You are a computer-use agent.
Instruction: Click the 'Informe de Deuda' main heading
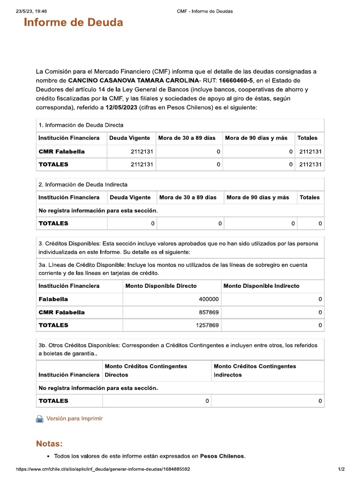click(x=73, y=22)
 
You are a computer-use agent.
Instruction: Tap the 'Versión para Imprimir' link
click(x=74, y=419)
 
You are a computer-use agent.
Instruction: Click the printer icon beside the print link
click(x=40, y=419)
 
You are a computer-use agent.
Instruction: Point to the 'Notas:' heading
click(x=49, y=443)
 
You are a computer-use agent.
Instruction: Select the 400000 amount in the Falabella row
click(x=208, y=299)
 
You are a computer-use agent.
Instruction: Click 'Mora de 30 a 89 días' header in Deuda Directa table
click(x=187, y=138)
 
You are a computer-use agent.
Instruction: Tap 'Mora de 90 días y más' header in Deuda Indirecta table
click(x=257, y=197)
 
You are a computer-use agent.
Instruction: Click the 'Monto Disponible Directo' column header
click(x=161, y=285)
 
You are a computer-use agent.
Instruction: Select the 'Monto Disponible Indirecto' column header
click(x=261, y=285)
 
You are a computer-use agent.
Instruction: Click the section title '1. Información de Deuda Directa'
click(x=81, y=125)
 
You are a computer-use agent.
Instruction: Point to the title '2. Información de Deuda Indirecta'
click(x=82, y=184)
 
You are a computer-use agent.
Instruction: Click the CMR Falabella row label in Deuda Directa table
click(x=61, y=151)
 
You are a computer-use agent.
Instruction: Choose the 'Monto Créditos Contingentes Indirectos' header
click(x=255, y=370)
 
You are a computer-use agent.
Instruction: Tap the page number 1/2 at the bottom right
click(x=341, y=469)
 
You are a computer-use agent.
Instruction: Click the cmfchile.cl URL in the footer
click(x=103, y=469)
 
